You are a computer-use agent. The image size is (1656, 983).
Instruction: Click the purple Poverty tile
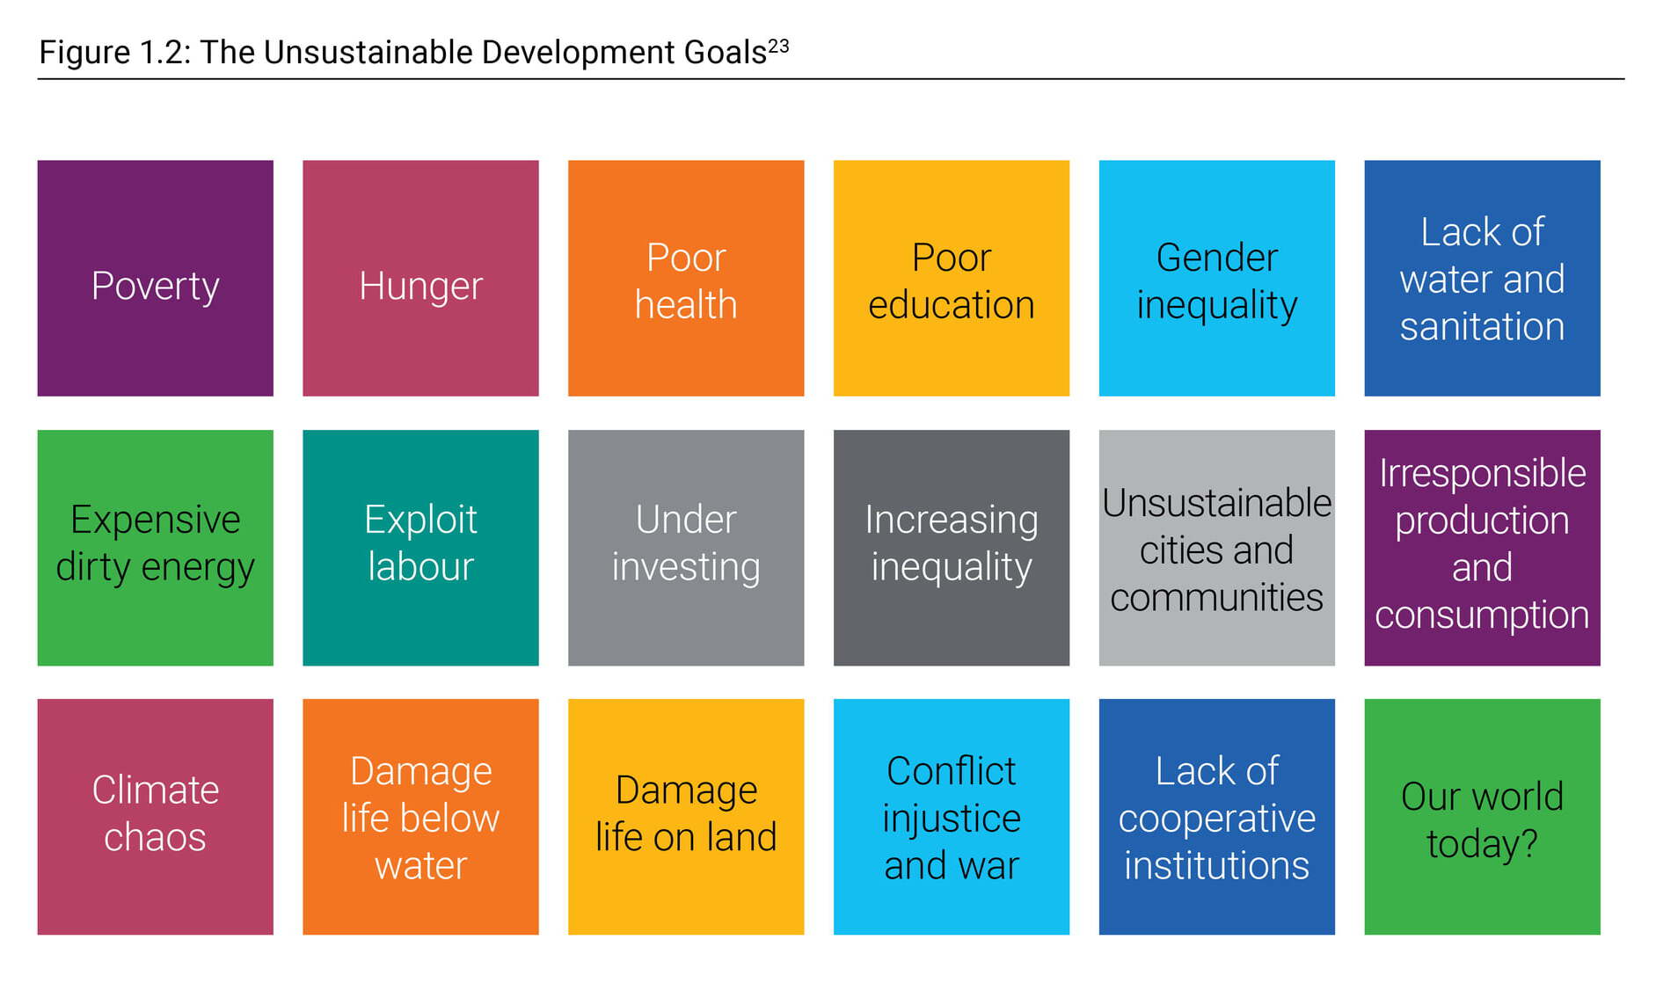pos(155,278)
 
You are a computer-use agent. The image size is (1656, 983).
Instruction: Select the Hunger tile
pos(420,278)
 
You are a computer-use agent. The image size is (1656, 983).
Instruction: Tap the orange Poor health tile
pos(686,278)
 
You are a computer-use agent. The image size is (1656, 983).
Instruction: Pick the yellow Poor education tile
pos(952,278)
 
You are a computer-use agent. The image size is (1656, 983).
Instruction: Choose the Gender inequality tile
pos(1217,278)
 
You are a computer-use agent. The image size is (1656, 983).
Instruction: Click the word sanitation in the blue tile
pos(1482,327)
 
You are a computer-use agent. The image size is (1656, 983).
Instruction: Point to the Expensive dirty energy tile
pos(155,548)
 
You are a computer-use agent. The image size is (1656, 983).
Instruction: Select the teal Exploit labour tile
pos(420,548)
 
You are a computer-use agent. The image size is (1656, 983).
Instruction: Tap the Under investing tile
pos(686,548)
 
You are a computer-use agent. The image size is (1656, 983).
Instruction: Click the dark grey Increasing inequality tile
pos(952,548)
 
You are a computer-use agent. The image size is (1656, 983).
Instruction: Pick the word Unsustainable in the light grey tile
pos(1217,503)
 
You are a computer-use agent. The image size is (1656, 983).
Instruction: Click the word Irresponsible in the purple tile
pos(1482,473)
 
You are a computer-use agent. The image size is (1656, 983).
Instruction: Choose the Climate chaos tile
pos(155,817)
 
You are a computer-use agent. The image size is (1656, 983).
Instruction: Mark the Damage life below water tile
pos(420,817)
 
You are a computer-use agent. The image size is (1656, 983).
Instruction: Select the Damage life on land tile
pos(686,817)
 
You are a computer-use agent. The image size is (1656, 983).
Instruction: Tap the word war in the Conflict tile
pos(989,867)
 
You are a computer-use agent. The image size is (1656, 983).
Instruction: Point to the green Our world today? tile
pos(1482,817)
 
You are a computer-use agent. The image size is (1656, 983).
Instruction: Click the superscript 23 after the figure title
pos(778,46)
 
